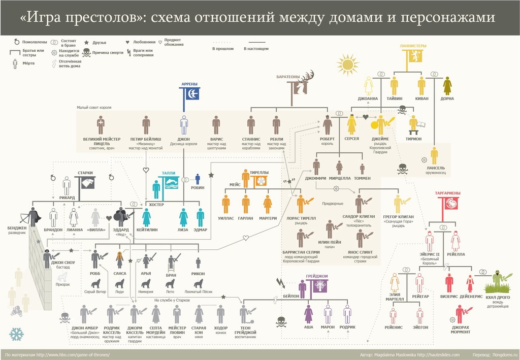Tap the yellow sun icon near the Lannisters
[348, 64]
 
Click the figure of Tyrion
[414, 123]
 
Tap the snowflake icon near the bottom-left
[17, 334]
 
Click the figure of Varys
[216, 124]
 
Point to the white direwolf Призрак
[62, 277]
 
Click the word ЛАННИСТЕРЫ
[413, 45]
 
